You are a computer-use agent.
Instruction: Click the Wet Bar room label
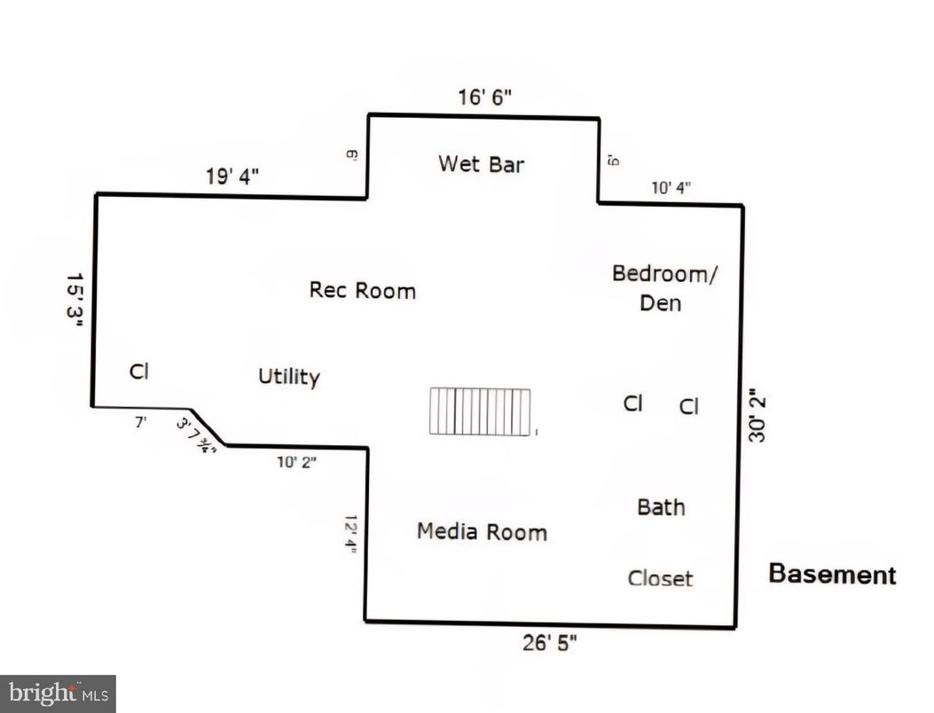point(481,164)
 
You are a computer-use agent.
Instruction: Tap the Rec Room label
point(362,290)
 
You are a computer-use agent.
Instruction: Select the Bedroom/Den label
point(663,286)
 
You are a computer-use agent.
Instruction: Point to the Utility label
point(288,377)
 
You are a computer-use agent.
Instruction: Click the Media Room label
point(482,531)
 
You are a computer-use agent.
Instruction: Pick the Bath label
point(661,507)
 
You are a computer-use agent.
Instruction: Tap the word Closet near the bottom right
point(660,578)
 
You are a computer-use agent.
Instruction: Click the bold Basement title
point(832,574)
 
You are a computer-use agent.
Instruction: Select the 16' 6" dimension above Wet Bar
point(485,98)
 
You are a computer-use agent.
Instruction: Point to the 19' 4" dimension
point(232,176)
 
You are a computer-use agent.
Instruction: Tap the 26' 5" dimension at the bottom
point(549,643)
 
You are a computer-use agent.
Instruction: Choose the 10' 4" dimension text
point(671,188)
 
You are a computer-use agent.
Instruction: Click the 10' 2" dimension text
point(296,461)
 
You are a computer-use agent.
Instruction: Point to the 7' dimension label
point(140,422)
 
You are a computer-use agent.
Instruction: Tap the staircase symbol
point(480,411)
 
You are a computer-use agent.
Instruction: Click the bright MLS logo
point(58,693)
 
